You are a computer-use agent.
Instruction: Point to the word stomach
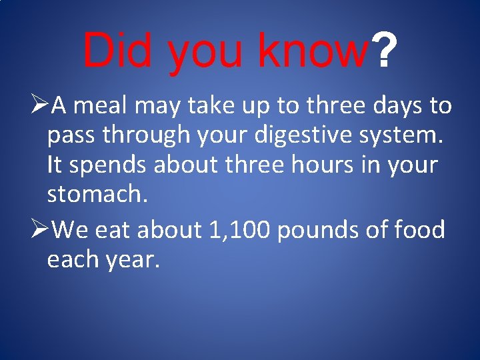point(93,195)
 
